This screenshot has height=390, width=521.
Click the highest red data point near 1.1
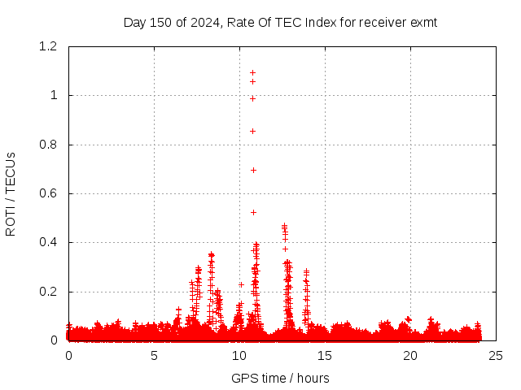(252, 72)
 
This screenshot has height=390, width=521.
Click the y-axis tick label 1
(54, 95)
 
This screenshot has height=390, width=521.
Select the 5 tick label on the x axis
(154, 355)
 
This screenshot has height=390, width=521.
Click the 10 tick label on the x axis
(239, 355)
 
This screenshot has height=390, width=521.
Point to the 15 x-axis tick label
(325, 355)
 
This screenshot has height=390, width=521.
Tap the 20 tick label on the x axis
(410, 355)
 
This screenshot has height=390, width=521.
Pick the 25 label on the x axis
(496, 355)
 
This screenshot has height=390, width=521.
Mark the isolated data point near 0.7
(253, 170)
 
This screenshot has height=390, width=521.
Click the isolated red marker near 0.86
(252, 131)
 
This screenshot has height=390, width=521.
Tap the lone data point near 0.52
(253, 212)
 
